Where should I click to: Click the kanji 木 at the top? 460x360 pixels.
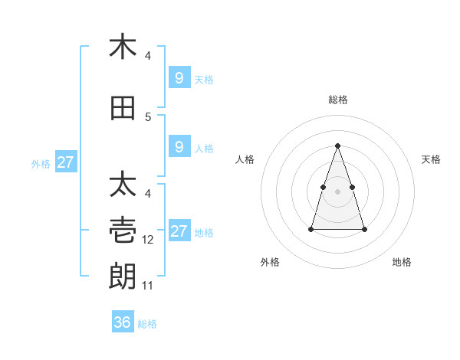(x=123, y=47)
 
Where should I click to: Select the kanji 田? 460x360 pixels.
(x=123, y=108)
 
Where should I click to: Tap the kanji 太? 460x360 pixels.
(x=123, y=185)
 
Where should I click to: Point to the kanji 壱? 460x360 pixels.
(x=123, y=229)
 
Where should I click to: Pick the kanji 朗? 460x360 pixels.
(x=123, y=274)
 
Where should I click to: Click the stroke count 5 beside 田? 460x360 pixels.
(x=149, y=117)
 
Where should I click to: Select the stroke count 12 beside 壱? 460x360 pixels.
(x=149, y=240)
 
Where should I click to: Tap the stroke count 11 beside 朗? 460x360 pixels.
(x=149, y=286)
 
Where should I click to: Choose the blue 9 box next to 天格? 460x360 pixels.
(x=179, y=78)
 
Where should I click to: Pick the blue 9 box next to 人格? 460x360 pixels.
(x=179, y=147)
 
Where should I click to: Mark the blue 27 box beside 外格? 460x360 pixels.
(x=65, y=162)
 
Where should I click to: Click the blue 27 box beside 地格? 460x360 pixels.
(x=179, y=231)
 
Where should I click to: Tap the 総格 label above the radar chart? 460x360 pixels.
(x=338, y=100)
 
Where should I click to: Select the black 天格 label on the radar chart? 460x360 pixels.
(x=432, y=159)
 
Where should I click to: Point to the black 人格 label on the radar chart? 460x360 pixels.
(x=245, y=159)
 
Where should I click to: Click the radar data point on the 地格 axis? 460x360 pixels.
(x=364, y=229)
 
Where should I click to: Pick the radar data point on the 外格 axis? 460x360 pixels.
(x=311, y=229)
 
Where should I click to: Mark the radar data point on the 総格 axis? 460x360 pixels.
(x=338, y=146)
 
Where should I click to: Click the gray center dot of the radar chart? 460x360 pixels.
(x=338, y=190)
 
